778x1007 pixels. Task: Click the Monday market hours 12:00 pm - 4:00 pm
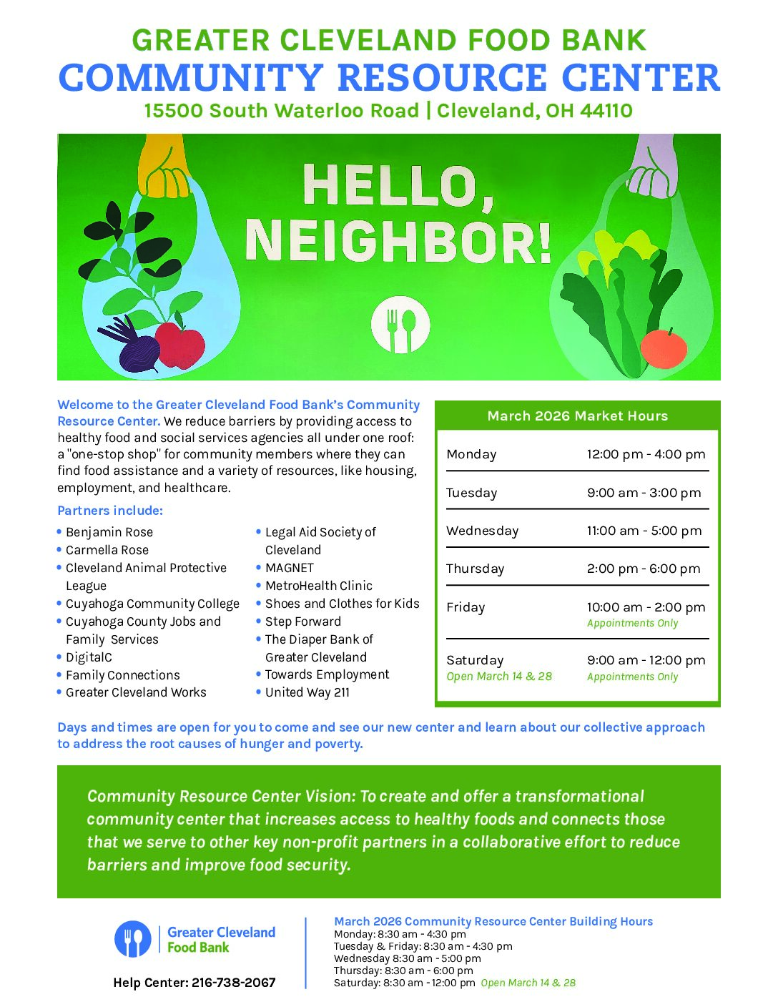pyautogui.click(x=646, y=454)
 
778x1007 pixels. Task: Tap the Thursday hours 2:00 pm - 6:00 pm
pyautogui.click(x=644, y=569)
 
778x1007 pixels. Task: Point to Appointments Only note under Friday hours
pyautogui.click(x=632, y=623)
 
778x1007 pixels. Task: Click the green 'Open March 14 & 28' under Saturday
pyautogui.click(x=499, y=677)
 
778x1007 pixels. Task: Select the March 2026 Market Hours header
pyautogui.click(x=577, y=416)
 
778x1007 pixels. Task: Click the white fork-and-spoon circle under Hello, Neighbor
pyautogui.click(x=400, y=325)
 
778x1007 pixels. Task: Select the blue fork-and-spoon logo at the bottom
pyautogui.click(x=132, y=939)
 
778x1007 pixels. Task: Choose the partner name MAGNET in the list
pyautogui.click(x=290, y=568)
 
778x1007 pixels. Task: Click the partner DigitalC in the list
pyautogui.click(x=89, y=657)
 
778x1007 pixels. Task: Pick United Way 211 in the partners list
pyautogui.click(x=307, y=692)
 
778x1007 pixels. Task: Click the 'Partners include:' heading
pyautogui.click(x=110, y=511)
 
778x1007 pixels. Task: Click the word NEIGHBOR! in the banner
pyautogui.click(x=398, y=241)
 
